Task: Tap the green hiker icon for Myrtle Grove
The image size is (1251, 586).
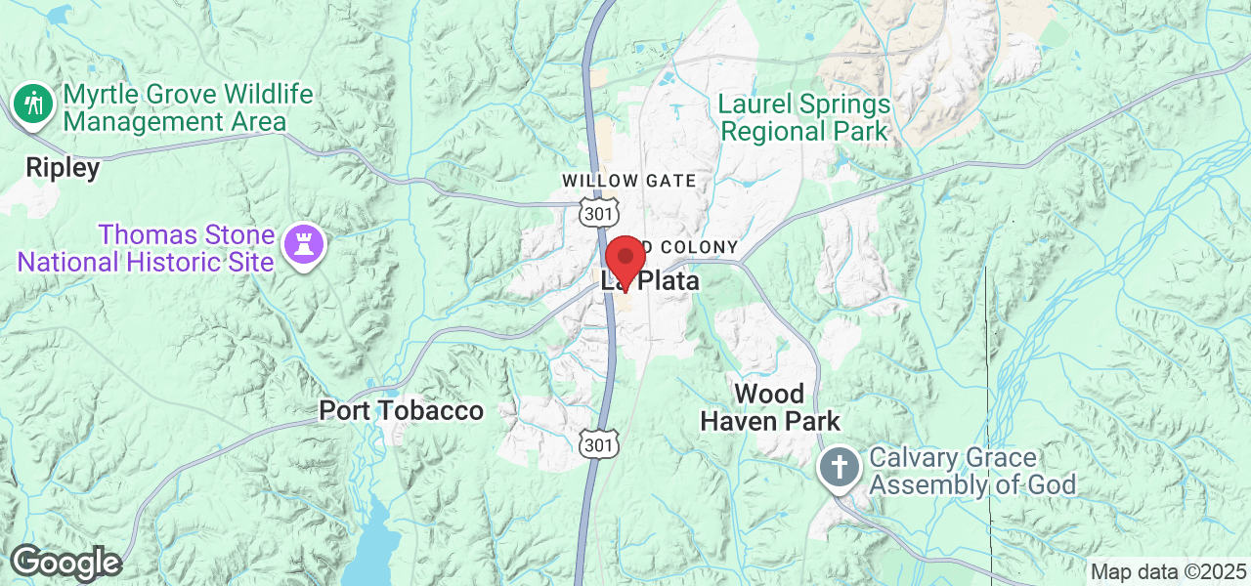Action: (33, 103)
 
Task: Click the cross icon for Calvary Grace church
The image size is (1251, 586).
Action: (839, 466)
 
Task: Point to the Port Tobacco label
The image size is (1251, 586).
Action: (401, 411)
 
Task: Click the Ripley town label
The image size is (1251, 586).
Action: (63, 168)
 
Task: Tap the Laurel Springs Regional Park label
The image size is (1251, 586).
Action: (803, 117)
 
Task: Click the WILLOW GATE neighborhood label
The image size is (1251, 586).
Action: (628, 181)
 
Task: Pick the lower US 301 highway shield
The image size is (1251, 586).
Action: (598, 444)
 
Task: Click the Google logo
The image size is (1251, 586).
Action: (65, 564)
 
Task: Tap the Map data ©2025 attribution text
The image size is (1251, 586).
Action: (1168, 571)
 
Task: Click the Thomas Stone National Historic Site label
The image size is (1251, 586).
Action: (147, 248)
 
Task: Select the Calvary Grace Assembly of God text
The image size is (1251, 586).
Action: (971, 471)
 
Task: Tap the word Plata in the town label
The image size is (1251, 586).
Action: (667, 281)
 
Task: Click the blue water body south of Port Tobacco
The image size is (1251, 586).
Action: (372, 547)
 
